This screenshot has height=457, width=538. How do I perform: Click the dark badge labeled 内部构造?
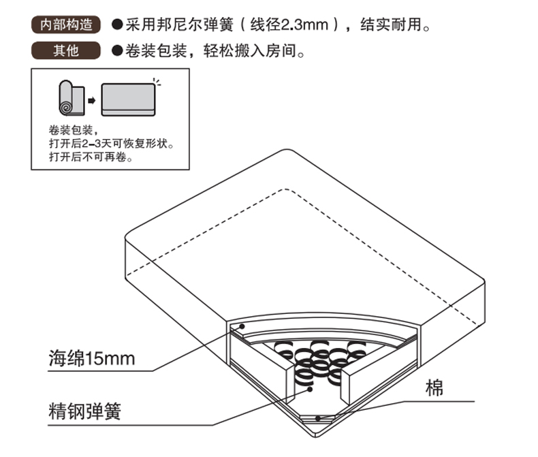[x=66, y=26]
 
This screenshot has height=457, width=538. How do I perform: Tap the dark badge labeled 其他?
[x=66, y=50]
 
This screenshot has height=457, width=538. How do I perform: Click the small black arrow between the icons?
[x=91, y=100]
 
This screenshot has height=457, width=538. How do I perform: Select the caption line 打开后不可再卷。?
[x=91, y=157]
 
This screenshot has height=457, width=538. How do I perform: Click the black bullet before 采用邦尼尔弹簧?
[x=116, y=26]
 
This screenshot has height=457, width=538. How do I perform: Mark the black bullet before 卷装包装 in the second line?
[x=116, y=50]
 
